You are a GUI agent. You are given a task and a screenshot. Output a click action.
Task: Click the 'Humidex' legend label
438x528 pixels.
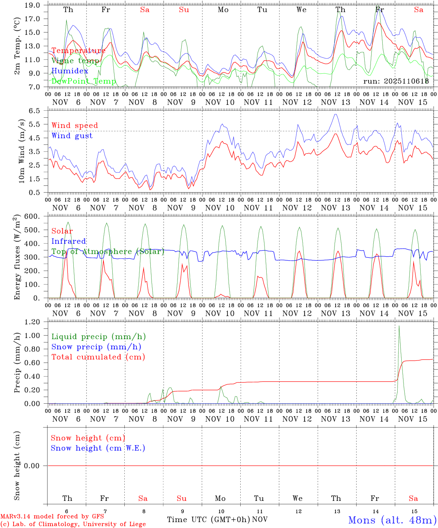(70, 71)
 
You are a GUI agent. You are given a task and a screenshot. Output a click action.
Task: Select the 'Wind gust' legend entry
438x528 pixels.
(72, 136)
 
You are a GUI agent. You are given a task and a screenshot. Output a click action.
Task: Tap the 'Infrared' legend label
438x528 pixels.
(69, 241)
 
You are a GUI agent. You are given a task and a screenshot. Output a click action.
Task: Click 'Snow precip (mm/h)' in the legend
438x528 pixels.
(96, 347)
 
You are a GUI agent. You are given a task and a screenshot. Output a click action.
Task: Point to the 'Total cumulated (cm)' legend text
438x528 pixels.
(98, 357)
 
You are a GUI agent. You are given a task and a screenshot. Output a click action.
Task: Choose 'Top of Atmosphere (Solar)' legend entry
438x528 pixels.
(108, 252)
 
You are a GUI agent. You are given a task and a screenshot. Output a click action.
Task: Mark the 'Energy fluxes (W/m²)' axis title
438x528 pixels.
(17, 258)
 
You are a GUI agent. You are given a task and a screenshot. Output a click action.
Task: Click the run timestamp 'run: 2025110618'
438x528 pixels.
(396, 81)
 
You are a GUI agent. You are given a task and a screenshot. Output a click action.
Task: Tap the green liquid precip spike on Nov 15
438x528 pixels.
(399, 326)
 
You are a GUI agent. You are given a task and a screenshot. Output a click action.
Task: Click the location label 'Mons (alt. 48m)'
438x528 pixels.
(392, 520)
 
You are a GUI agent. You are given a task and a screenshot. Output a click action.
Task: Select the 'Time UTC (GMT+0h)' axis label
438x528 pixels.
(208, 520)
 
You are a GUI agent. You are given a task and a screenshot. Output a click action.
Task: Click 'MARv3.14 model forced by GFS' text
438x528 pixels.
(52, 517)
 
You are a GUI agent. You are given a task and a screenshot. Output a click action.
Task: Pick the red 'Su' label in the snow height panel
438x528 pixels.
(182, 498)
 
